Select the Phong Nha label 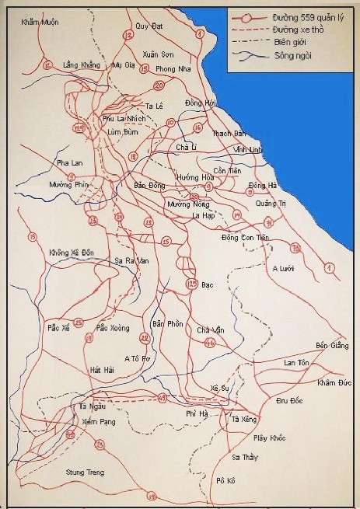172,68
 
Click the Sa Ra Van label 131,260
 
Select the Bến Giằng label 327,344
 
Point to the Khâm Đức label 335,383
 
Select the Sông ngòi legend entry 290,56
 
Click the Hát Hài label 102,369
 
